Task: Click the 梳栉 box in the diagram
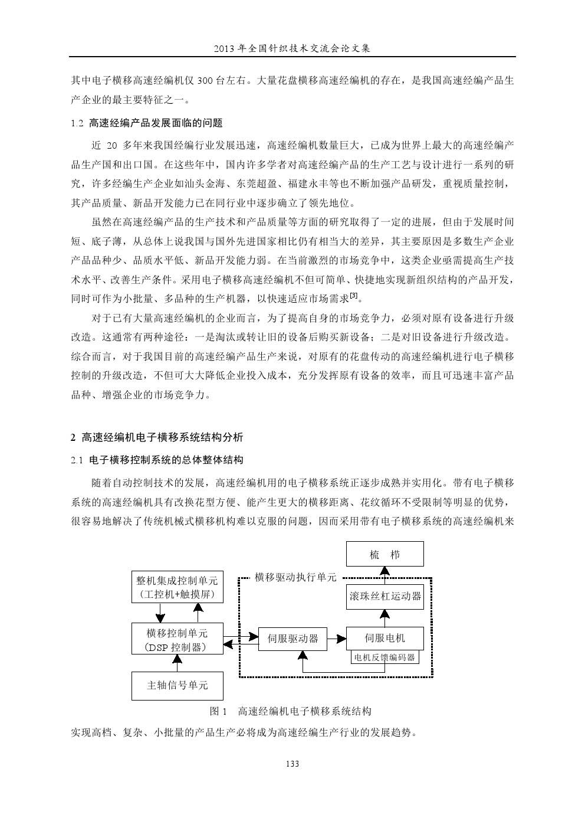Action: (x=384, y=555)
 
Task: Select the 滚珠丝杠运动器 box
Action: (x=384, y=596)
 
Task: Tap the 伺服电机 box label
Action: (x=384, y=637)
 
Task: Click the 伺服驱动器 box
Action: (x=292, y=639)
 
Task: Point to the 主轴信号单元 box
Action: (x=177, y=685)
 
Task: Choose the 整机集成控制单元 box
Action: (x=177, y=587)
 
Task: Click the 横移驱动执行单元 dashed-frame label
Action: (x=295, y=577)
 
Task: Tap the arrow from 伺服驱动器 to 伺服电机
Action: (x=337, y=639)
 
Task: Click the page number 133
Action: (x=292, y=764)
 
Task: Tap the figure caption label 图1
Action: (x=219, y=711)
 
